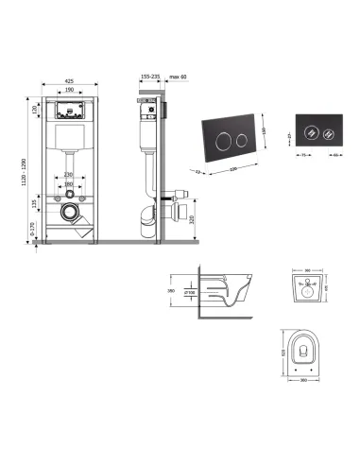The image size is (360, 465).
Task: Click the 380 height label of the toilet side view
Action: coord(172,292)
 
